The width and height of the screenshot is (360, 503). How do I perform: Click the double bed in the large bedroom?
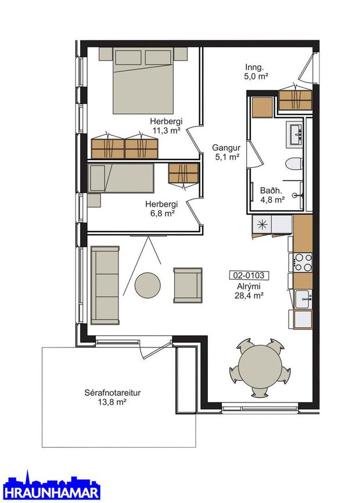pyautogui.click(x=143, y=80)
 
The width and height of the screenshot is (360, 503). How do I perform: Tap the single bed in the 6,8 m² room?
pyautogui.click(x=121, y=178)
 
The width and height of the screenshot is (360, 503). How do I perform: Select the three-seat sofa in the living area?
pyautogui.click(x=105, y=285)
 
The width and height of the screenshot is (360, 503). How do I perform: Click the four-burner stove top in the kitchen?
pyautogui.click(x=303, y=263)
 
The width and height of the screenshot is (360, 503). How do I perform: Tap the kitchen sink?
pyautogui.click(x=303, y=299)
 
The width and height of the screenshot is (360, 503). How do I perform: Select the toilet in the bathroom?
pyautogui.click(x=293, y=164)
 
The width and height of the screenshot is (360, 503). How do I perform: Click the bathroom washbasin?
pyautogui.click(x=295, y=135)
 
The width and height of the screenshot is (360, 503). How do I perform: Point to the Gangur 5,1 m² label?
pyautogui.click(x=226, y=153)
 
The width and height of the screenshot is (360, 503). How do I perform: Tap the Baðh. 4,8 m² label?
pyautogui.click(x=272, y=196)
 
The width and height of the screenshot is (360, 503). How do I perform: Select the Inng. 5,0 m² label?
pyautogui.click(x=256, y=72)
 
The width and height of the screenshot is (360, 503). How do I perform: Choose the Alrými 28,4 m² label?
pyautogui.click(x=249, y=291)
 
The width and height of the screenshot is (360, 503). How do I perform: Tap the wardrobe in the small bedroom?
pyautogui.click(x=183, y=174)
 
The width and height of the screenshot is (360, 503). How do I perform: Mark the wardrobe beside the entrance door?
pyautogui.click(x=295, y=100)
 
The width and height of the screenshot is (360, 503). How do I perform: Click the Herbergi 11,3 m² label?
pyautogui.click(x=166, y=126)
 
